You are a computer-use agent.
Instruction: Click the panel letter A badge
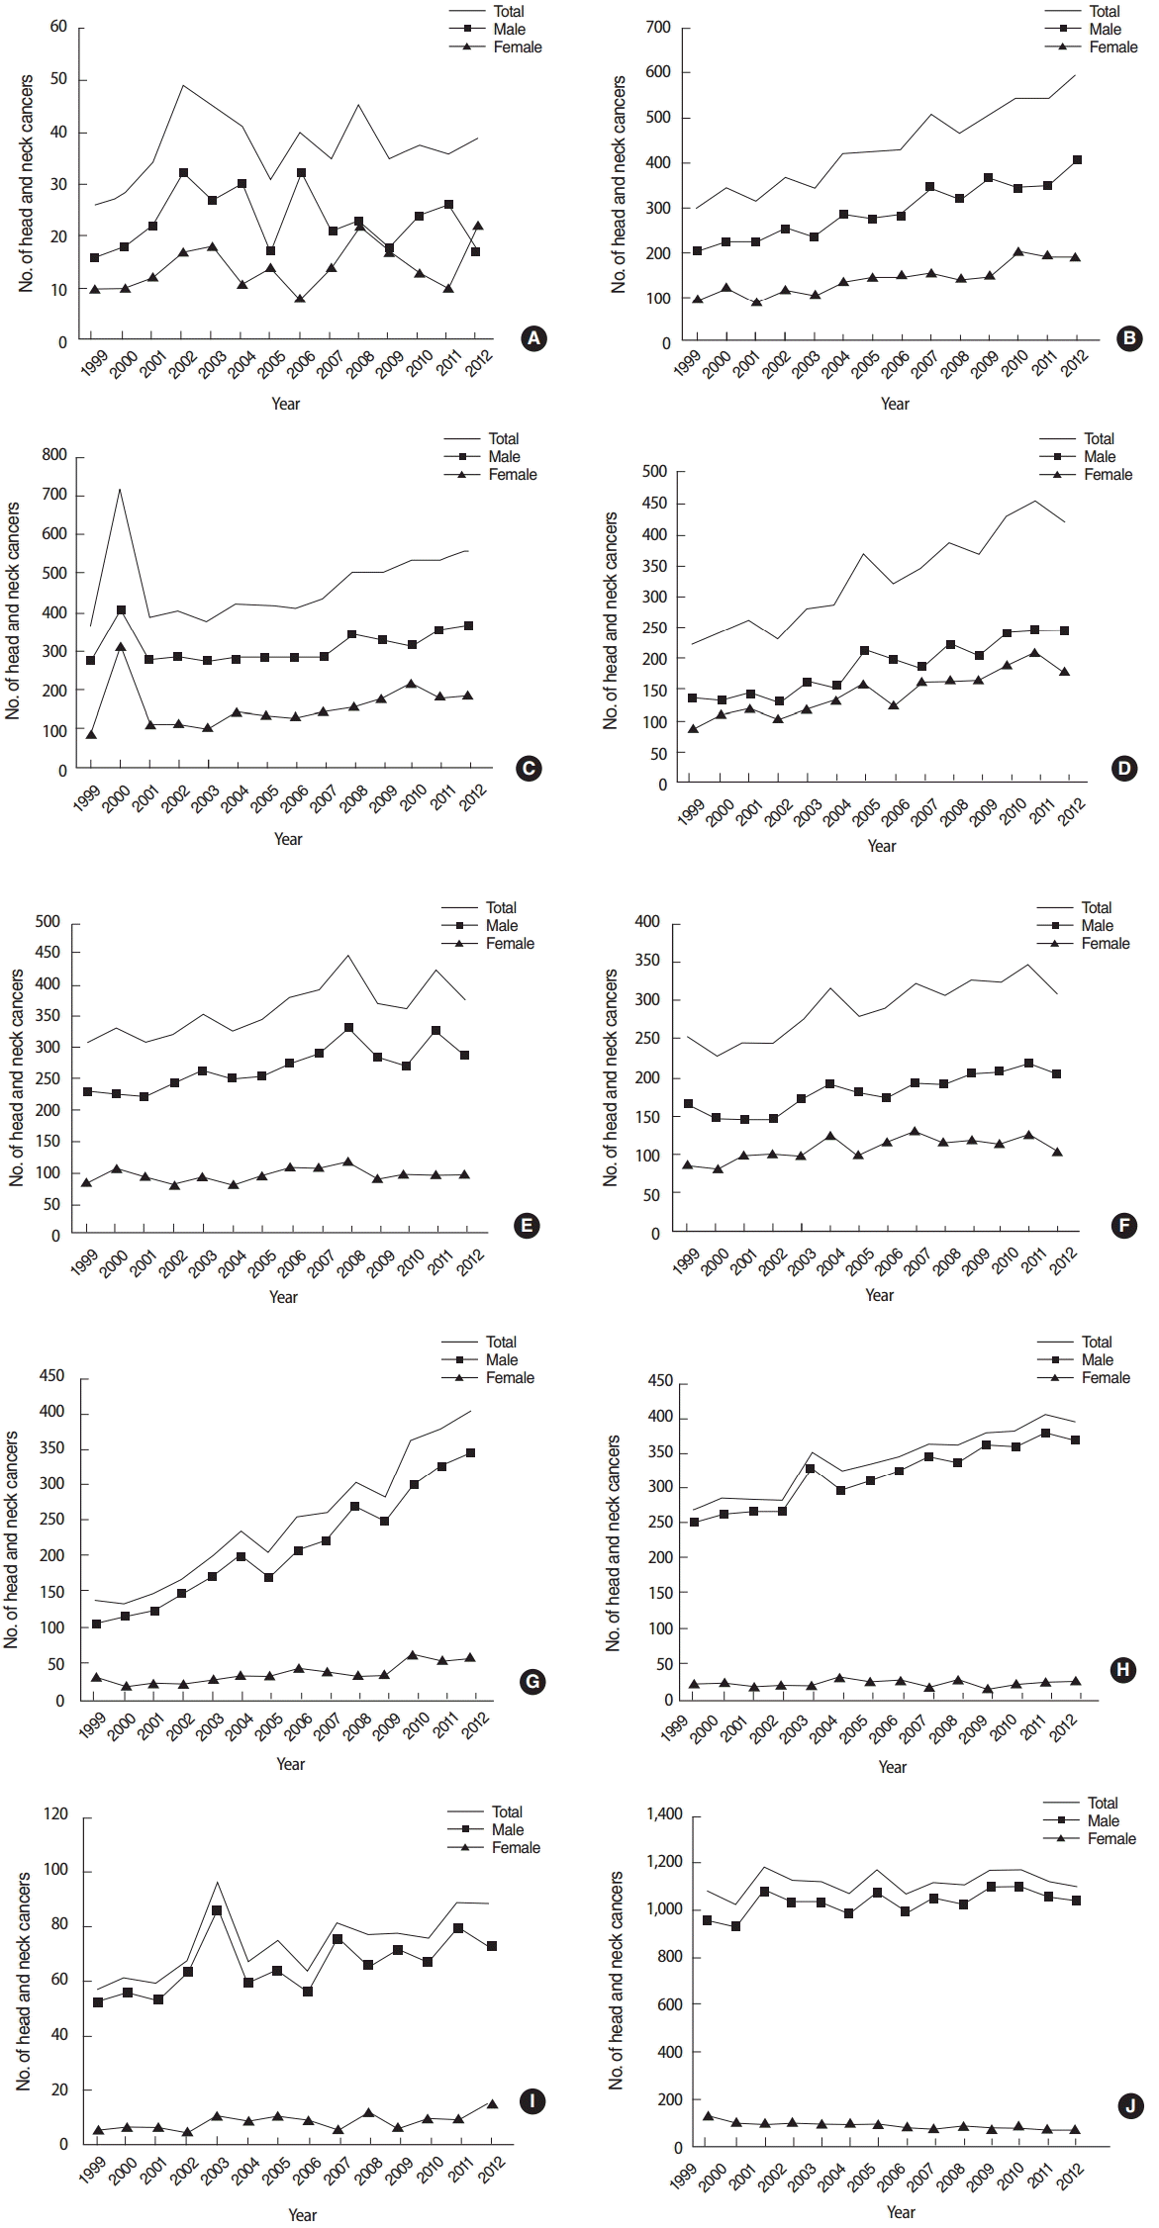[533, 339]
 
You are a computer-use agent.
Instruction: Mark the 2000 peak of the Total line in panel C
[120, 489]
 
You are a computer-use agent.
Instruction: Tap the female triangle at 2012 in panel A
[477, 226]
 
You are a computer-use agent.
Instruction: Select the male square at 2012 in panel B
[1077, 159]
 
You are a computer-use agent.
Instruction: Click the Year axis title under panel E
[283, 1296]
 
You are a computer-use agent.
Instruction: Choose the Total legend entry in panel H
[1096, 1342]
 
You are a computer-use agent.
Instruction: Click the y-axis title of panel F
[612, 1077]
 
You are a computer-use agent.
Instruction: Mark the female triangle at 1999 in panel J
[708, 2115]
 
